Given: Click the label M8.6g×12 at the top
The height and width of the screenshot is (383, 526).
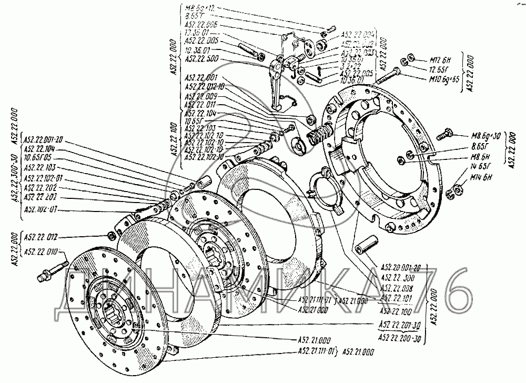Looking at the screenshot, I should [197, 8].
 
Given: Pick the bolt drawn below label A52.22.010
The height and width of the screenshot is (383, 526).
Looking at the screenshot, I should [53, 272].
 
